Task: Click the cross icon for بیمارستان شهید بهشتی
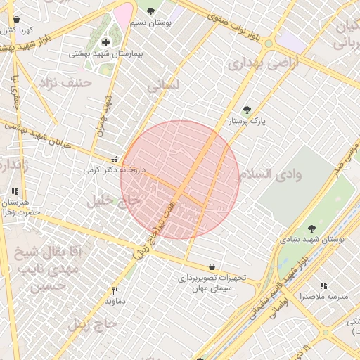pos(105,43)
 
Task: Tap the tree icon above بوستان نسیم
pos(150,11)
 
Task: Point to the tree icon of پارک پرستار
pos(246,110)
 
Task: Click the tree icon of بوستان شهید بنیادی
pos(311,228)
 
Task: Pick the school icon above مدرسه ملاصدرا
pos(323,285)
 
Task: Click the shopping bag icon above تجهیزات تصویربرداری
pos(212,266)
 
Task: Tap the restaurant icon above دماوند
pos(115,290)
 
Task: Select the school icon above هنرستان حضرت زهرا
pos(14,191)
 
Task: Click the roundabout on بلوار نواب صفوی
pos(268,44)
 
